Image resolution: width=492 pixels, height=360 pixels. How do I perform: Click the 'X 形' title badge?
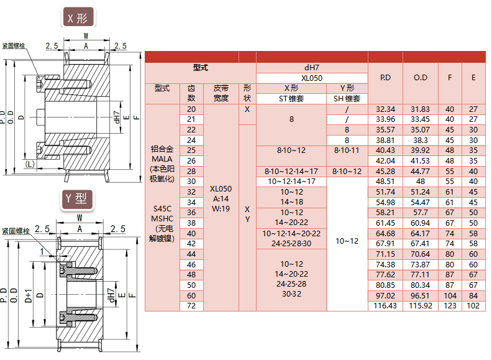pos(78,18)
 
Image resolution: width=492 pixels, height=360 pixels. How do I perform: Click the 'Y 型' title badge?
pos(78,198)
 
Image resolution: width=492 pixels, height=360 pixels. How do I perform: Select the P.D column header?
pos(385,78)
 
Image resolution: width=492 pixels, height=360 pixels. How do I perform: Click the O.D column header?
pos(421,78)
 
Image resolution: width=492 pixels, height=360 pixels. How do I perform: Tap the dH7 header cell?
pos(312,67)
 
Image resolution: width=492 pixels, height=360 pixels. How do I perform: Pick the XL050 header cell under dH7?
pos(312,78)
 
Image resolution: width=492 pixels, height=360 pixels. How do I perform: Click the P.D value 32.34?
pos(385,109)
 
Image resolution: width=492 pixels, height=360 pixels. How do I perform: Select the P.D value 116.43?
pos(385,307)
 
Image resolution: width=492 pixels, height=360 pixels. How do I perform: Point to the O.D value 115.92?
pos(421,307)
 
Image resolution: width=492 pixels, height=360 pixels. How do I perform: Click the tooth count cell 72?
pos(191,307)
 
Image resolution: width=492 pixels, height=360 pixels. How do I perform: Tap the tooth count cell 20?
pos(191,109)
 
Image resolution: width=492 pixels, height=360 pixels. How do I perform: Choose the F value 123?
pos(450,307)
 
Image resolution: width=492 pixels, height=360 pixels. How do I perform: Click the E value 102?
pos(473,307)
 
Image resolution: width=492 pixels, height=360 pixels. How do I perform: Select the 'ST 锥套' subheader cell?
pos(291,99)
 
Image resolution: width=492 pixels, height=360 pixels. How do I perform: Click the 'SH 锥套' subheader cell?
pos(347,99)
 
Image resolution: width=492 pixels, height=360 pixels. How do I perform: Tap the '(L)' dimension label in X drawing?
pos(30,165)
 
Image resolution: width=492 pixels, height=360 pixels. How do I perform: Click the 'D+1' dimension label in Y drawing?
pos(28,295)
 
